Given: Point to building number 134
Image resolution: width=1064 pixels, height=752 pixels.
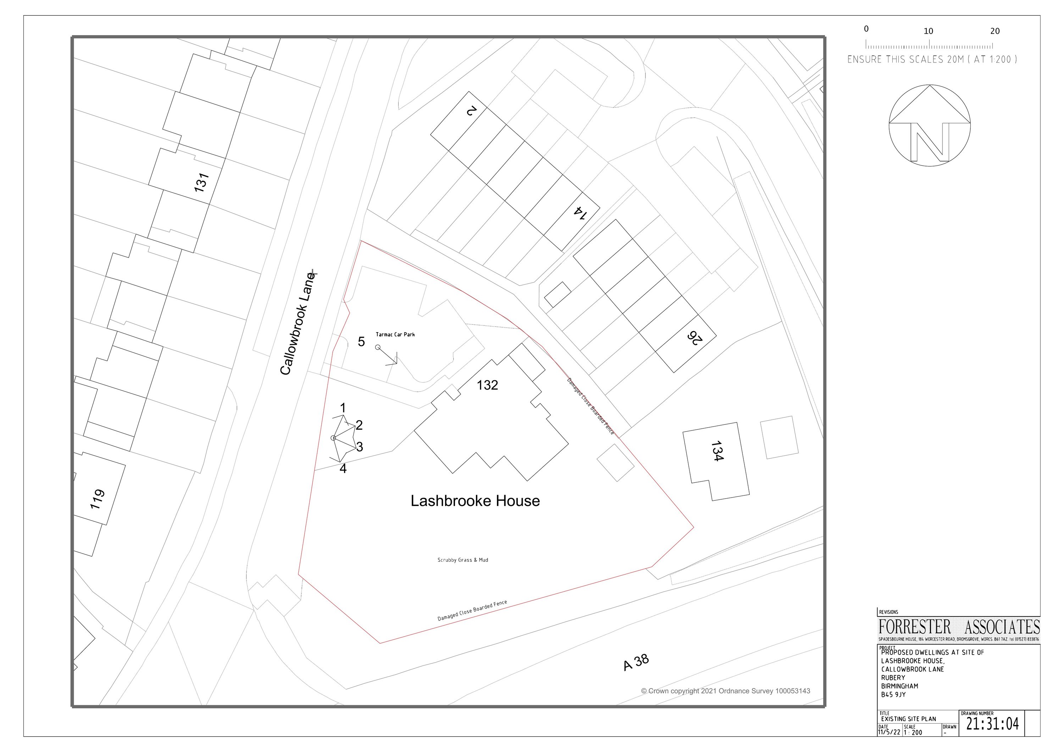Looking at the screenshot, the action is [x=716, y=451].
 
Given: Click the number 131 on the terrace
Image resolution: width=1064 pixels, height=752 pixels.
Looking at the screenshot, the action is [x=201, y=183].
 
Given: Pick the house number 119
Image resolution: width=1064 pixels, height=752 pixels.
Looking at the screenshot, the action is [x=97, y=499].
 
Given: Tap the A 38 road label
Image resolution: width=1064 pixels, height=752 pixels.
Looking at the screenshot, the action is [x=636, y=663].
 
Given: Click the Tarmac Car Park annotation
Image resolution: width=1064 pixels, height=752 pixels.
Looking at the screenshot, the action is [x=395, y=334].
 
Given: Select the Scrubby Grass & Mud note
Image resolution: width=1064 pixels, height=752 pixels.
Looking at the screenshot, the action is [x=462, y=560].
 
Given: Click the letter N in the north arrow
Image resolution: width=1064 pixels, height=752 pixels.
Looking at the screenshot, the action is [x=929, y=142].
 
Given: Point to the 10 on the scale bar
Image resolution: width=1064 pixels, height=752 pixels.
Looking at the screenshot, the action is [x=928, y=31].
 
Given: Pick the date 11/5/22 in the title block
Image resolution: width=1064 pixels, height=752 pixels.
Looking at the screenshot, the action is [x=889, y=732].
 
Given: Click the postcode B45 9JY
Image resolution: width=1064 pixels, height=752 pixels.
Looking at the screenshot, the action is [x=893, y=695].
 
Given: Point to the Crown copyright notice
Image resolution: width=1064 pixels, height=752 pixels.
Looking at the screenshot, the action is [x=726, y=691].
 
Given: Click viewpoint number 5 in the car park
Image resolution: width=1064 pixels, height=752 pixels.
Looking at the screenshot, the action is [x=361, y=342].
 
